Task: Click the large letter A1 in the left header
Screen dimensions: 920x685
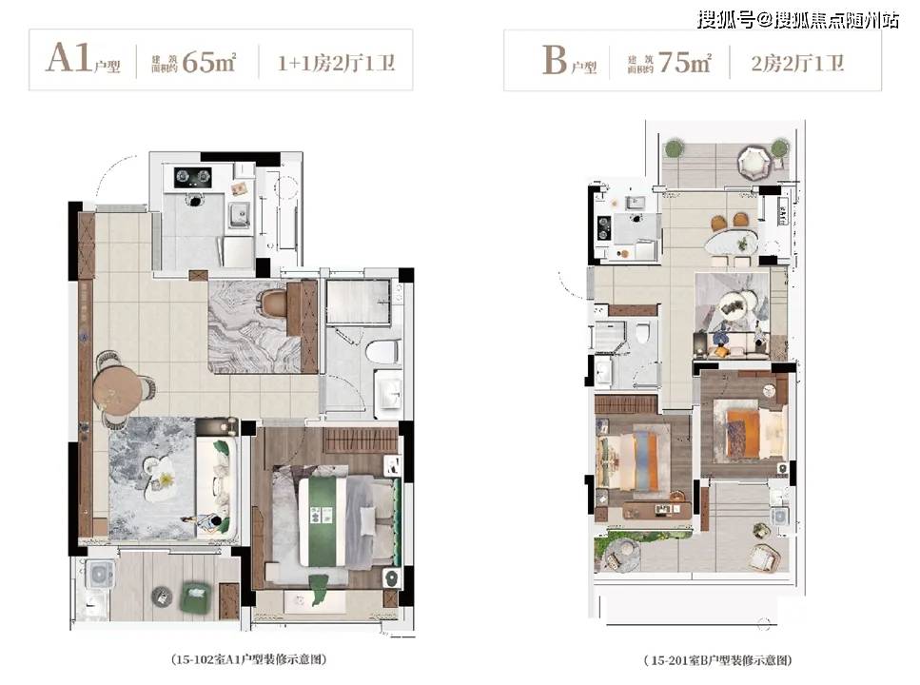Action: (x=69, y=58)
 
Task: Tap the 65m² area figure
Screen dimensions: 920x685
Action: (x=209, y=62)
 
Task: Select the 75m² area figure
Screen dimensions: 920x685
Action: (x=685, y=62)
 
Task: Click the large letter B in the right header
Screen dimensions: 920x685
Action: (x=555, y=60)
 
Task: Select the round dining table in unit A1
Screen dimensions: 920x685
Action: (x=117, y=389)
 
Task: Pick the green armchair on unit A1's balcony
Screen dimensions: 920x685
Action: (x=197, y=597)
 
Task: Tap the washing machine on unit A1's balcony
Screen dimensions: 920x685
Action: (x=100, y=573)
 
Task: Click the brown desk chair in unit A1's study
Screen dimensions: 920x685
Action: (x=274, y=303)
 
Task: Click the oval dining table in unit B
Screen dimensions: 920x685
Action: (x=732, y=242)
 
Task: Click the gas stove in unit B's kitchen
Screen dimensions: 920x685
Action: (x=604, y=228)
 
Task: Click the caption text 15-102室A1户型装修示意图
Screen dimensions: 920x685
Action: (x=248, y=659)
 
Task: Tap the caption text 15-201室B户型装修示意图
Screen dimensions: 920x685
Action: (x=718, y=660)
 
